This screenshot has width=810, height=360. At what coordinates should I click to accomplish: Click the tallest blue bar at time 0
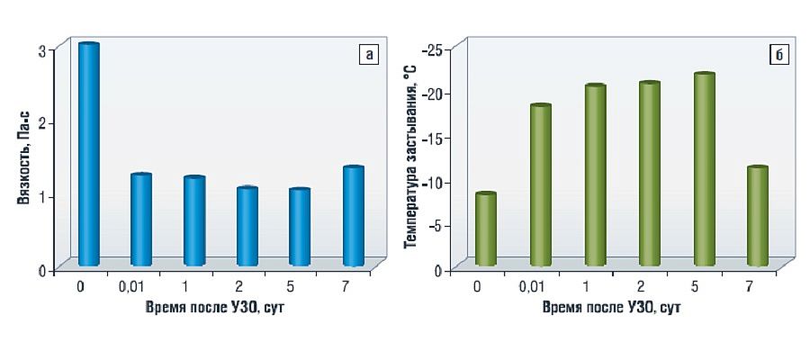[89, 155]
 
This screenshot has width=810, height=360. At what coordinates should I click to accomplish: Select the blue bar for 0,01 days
[141, 220]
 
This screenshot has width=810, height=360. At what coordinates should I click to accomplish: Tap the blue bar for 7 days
[354, 217]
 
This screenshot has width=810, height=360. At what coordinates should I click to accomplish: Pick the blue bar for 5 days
[300, 228]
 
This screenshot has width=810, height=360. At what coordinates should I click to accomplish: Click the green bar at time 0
[486, 230]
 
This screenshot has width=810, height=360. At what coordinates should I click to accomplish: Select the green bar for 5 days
[705, 170]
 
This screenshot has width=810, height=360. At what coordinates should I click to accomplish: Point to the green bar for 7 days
[759, 217]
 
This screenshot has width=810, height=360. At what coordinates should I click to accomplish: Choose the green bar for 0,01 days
[541, 186]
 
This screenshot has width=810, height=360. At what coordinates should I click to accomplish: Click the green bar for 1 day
[595, 176]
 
